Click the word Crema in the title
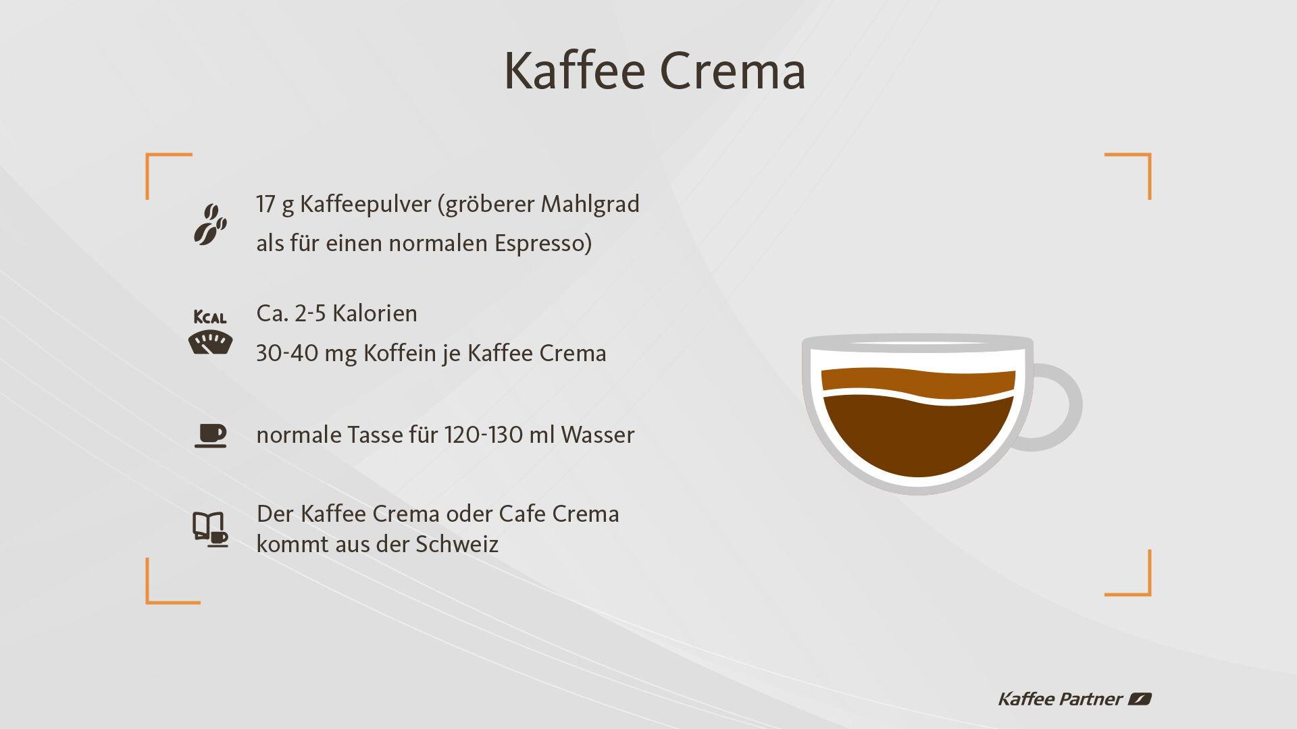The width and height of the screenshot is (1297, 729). (732, 70)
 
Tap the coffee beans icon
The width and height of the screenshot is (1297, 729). (210, 223)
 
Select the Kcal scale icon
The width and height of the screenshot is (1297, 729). (210, 333)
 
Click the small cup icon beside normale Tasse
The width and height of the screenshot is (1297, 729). (210, 436)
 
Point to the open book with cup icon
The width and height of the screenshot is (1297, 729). (210, 529)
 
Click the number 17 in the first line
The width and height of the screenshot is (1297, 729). (265, 203)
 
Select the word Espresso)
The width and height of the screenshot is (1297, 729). (543, 243)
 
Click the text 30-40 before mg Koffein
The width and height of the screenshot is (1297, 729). (287, 353)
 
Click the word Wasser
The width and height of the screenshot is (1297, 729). (597, 435)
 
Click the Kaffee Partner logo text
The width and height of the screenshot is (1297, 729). (1060, 699)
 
